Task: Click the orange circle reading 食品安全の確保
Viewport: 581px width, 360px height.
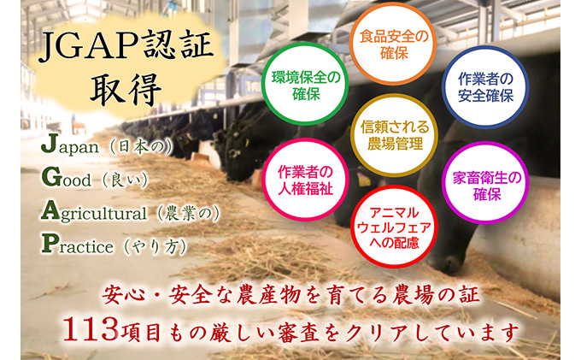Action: point(392,40)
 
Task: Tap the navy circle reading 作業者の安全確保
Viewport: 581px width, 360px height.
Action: point(484,86)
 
